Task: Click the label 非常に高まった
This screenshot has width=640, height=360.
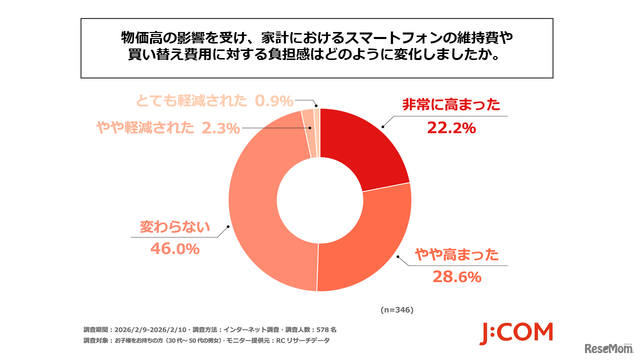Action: (x=451, y=105)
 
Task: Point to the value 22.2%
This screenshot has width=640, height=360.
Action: (x=451, y=128)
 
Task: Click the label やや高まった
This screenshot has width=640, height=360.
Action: (x=456, y=255)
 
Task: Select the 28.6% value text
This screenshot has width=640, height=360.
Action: (x=456, y=277)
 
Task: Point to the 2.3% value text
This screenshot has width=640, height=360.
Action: (x=221, y=128)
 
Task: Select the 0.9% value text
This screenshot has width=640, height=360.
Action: (x=273, y=101)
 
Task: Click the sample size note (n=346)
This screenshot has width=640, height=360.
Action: (x=396, y=310)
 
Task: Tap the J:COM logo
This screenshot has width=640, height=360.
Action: (x=516, y=333)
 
